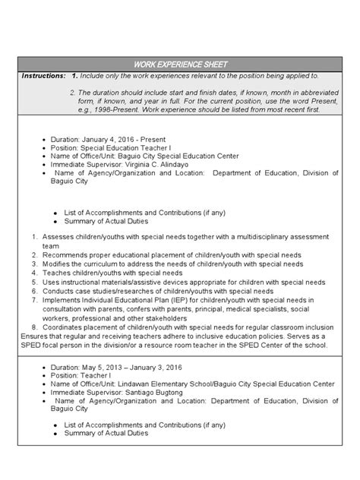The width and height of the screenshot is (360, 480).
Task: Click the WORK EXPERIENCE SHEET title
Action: [180, 64]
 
